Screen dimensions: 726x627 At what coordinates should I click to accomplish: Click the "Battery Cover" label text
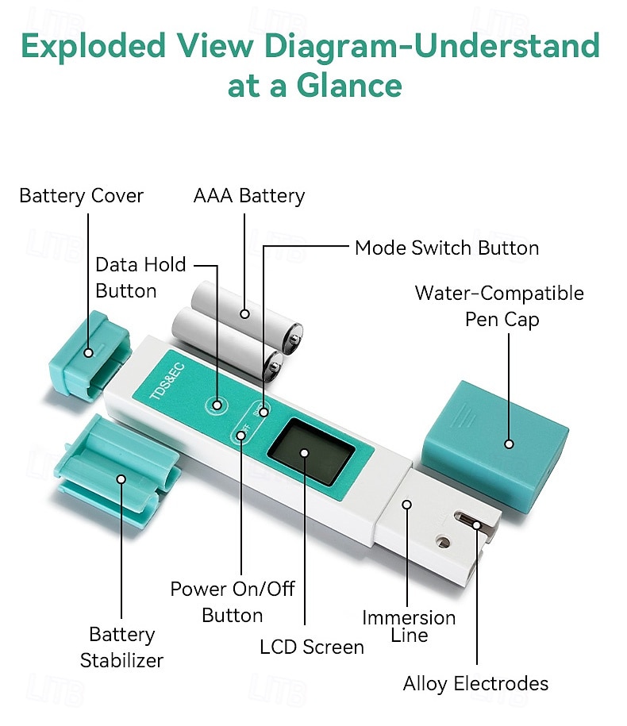(x=81, y=196)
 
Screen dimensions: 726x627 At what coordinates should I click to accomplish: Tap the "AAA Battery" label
(x=248, y=196)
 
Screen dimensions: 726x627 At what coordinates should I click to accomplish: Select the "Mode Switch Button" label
(x=446, y=248)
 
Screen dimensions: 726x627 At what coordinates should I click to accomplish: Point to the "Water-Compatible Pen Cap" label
(x=498, y=306)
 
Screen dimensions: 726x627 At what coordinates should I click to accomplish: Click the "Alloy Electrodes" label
(x=475, y=683)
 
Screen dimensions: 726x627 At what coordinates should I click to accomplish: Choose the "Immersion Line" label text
(x=409, y=626)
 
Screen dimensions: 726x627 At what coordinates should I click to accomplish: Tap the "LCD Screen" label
(x=311, y=647)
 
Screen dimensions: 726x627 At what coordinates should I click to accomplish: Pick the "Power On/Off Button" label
(x=232, y=602)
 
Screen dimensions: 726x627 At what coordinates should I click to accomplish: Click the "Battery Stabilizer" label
(x=121, y=647)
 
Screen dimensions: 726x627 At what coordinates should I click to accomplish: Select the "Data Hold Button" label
(x=140, y=278)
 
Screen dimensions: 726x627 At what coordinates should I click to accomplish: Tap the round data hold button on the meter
(x=216, y=405)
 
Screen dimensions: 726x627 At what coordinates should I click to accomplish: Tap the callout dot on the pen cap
(x=509, y=444)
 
